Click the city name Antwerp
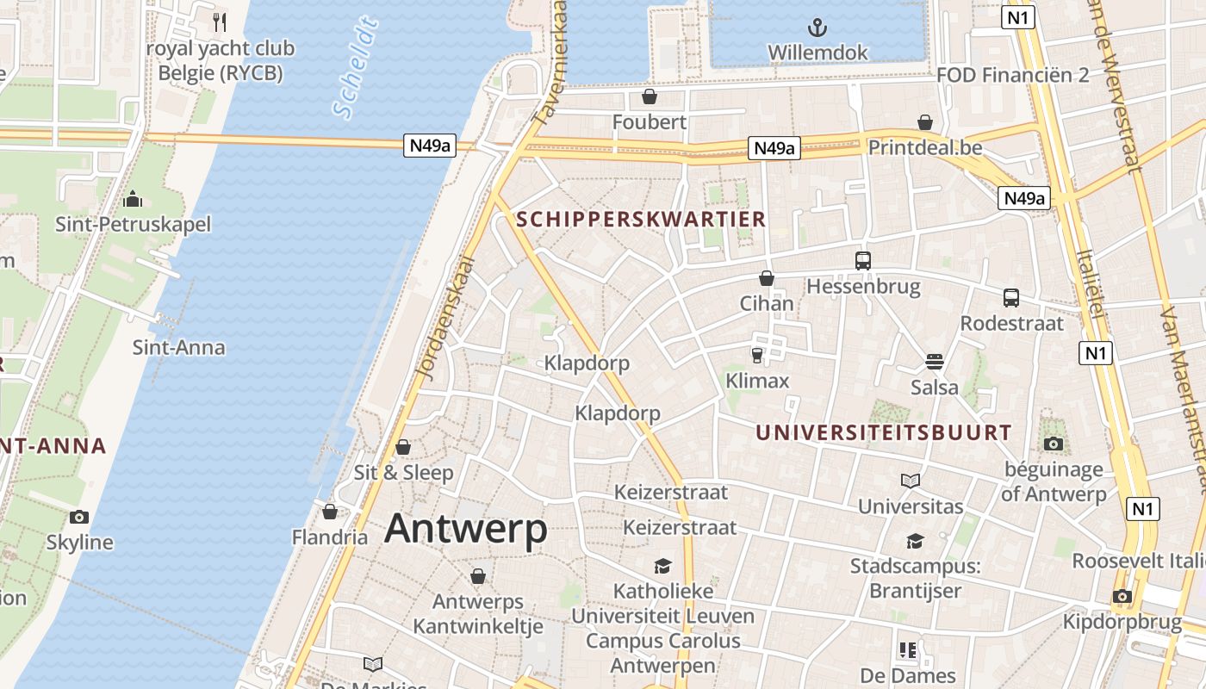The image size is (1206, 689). (465, 528)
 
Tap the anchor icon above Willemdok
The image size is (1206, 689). (817, 27)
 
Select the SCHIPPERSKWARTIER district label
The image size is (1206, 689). (641, 219)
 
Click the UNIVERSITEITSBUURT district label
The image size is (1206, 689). (884, 432)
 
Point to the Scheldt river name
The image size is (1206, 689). (356, 67)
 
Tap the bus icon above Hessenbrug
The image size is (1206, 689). (862, 260)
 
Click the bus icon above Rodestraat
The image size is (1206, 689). (1011, 298)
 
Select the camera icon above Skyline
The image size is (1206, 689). (79, 517)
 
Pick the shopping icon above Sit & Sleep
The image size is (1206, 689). (402, 447)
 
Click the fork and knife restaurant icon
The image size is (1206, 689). (220, 22)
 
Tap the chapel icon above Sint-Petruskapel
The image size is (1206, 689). (133, 200)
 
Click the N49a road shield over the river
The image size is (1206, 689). (429, 146)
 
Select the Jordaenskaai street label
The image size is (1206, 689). (445, 317)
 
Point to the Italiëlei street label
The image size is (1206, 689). (1090, 284)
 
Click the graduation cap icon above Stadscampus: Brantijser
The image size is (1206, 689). (914, 541)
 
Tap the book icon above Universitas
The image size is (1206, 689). (911, 481)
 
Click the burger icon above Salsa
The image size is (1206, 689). (935, 362)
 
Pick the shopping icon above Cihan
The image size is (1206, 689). (767, 278)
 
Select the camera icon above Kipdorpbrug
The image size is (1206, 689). (1121, 596)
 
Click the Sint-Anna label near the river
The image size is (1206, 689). (178, 347)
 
